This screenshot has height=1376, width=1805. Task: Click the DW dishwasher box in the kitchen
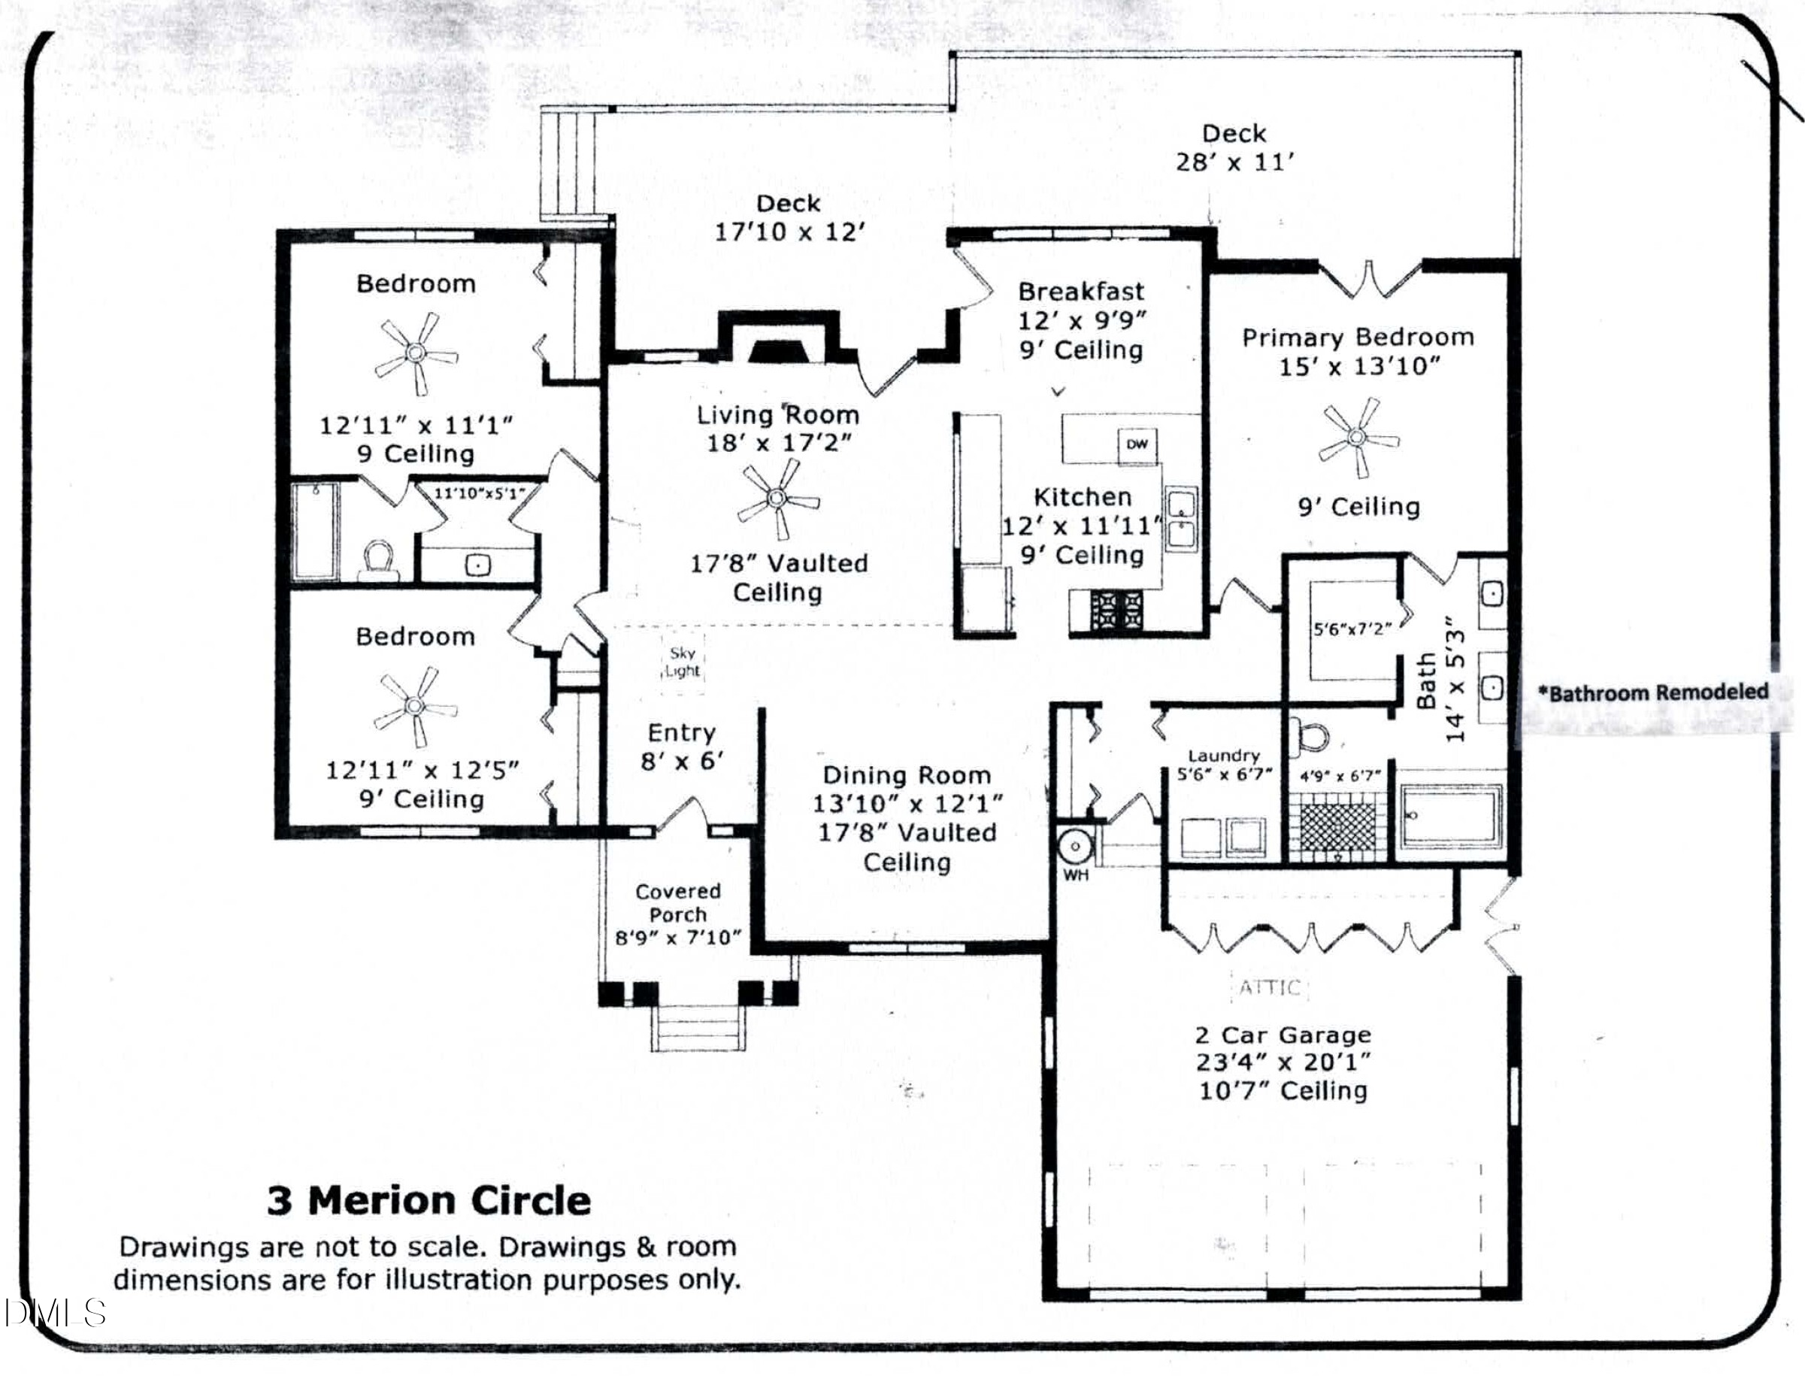point(1137,444)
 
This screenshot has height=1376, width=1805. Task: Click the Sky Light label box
point(683,662)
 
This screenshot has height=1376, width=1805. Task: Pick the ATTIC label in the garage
point(1270,988)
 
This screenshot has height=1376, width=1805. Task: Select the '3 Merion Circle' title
point(429,1201)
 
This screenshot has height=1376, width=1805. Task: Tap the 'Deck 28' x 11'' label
point(1234,147)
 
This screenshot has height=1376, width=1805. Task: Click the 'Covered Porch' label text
point(678,902)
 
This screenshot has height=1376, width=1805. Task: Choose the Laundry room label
point(1224,756)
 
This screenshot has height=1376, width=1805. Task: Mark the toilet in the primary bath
point(1310,736)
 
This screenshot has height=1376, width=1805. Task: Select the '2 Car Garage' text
point(1283,1035)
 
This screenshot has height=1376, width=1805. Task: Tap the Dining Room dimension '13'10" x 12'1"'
point(907,805)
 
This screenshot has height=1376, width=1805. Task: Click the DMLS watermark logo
point(54,1313)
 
